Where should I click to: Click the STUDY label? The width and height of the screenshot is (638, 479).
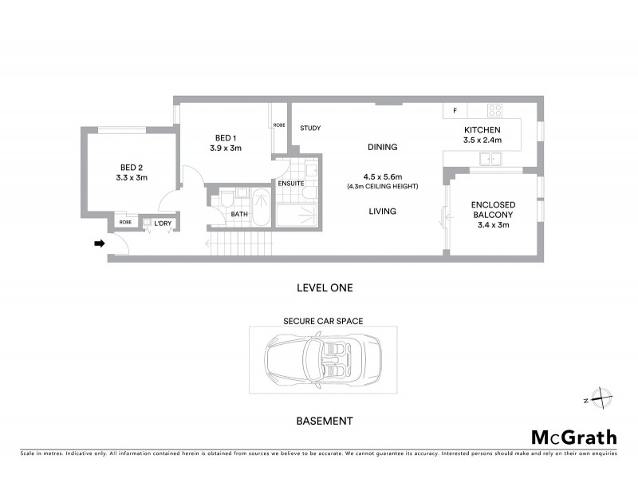[310, 128]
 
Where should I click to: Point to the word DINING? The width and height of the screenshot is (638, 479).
[382, 147]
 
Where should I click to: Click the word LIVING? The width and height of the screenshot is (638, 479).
[382, 212]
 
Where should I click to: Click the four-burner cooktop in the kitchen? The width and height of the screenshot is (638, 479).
[494, 111]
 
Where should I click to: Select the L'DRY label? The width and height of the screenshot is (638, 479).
[163, 223]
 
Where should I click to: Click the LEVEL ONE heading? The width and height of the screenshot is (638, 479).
[324, 287]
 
